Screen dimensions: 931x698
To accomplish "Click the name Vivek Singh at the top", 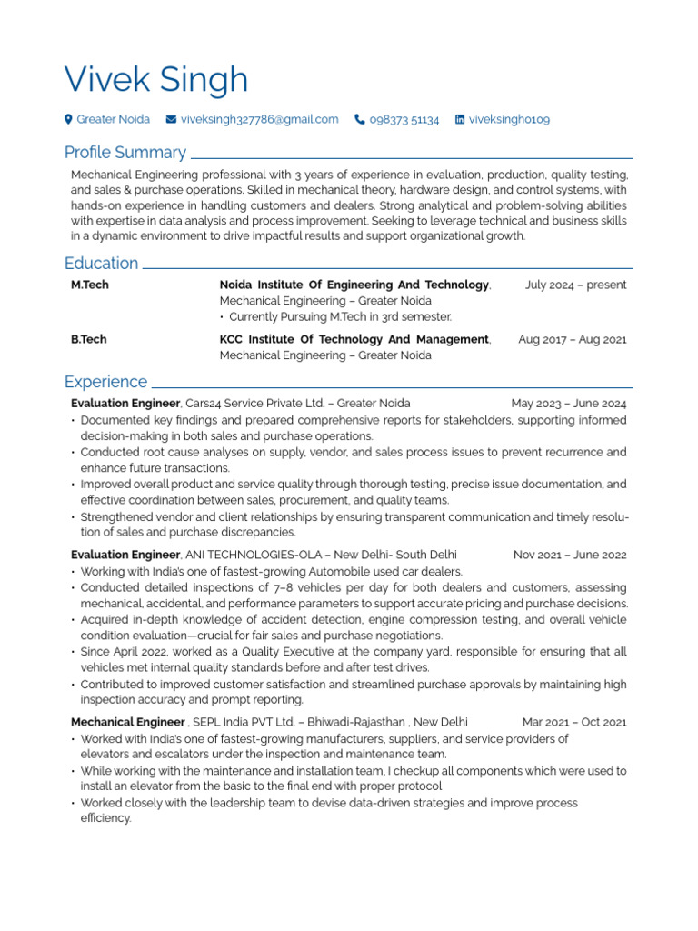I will [156, 80].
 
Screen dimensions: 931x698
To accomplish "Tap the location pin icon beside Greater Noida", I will [68, 119].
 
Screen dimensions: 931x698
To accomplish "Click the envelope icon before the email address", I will [171, 119].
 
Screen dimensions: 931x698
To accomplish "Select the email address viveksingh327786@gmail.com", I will [259, 119].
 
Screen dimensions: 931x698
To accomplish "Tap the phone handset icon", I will [360, 119].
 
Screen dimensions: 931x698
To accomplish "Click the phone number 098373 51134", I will [404, 119].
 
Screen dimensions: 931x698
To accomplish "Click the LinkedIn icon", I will [460, 119].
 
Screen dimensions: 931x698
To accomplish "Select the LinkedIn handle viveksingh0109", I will [509, 119].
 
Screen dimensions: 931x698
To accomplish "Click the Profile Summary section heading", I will [125, 152].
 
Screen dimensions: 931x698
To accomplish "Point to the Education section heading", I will [101, 263].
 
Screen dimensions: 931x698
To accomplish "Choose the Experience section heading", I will [105, 381].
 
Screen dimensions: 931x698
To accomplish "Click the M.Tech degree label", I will [90, 285].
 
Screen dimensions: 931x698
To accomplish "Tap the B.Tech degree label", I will [88, 339].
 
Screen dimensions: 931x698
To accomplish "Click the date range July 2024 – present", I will [575, 285].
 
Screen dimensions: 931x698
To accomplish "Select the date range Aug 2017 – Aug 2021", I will [572, 339].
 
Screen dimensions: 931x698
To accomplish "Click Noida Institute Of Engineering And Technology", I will [354, 285].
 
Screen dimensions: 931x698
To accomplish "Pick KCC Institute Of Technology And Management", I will [354, 339].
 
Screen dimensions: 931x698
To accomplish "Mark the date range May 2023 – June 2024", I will [568, 403].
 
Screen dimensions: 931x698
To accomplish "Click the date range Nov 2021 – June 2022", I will [570, 554].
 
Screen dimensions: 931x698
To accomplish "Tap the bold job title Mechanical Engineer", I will [127, 722].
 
